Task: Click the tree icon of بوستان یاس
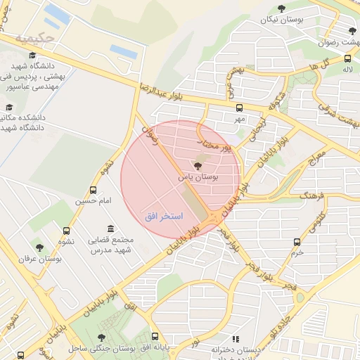point(195,165)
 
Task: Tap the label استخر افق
point(163,216)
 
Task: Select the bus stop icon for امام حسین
point(94,190)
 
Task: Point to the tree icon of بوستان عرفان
point(39,247)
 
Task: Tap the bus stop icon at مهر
point(240,108)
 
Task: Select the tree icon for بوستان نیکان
point(282,8)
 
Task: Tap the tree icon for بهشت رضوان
point(352,31)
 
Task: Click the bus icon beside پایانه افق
point(155,337)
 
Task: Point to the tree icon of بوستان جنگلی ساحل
point(103,337)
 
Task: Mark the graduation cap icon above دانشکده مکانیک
point(9,108)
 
